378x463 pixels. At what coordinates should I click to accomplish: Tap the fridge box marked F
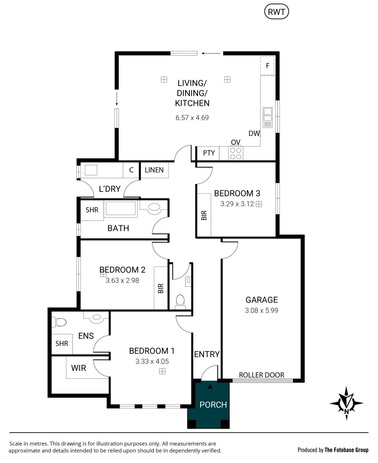[x=267, y=66]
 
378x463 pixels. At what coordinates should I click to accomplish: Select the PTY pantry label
[x=209, y=153]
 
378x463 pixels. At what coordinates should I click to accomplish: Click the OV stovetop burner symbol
[x=235, y=153]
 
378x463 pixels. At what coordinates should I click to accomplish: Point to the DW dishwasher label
[x=254, y=133]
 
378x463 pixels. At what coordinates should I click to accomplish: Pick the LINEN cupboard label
[x=154, y=170]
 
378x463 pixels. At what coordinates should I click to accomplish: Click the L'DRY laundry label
[x=109, y=189]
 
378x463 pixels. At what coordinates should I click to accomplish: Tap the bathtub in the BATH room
[x=120, y=209]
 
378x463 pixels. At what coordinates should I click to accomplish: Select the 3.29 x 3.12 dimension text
[x=237, y=204]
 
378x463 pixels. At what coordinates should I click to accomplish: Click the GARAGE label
[x=261, y=300]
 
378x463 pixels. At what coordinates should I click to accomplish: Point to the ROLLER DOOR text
[x=261, y=375]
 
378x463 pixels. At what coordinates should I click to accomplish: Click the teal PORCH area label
[x=213, y=404]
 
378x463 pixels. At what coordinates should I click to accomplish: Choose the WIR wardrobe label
[x=78, y=368]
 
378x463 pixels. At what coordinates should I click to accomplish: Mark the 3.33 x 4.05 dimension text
[x=152, y=361]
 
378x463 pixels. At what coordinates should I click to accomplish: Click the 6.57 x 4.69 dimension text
[x=192, y=117]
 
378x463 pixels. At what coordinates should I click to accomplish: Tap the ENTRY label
[x=207, y=354]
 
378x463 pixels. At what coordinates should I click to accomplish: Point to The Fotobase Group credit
[x=346, y=450]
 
